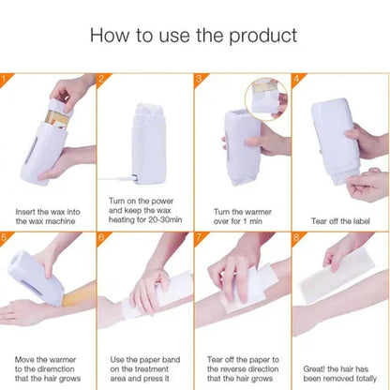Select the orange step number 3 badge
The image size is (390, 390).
point(199,78)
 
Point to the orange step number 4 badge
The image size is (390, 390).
point(295,78)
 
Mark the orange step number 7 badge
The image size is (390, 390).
point(199,237)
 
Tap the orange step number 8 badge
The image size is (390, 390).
point(295,237)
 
